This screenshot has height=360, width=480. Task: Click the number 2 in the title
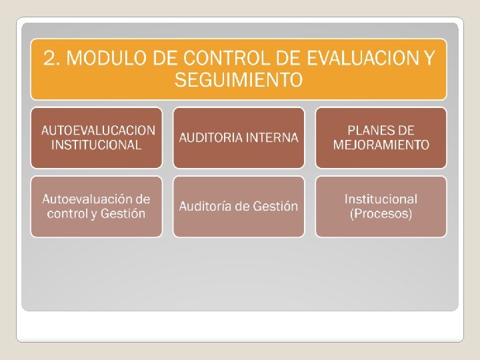coord(51,59)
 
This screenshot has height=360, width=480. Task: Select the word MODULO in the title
coord(107,59)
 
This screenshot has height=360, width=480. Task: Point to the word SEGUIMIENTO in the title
coord(238,81)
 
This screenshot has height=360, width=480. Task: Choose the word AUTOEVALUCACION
coord(97,130)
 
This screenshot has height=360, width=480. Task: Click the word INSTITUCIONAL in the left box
coord(97,145)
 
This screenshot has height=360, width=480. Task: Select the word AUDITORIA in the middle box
coord(211,138)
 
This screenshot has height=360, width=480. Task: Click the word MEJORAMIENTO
coord(381,145)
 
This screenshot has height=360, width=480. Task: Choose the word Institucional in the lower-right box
coord(381,199)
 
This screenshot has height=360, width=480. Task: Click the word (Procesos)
coord(381,214)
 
